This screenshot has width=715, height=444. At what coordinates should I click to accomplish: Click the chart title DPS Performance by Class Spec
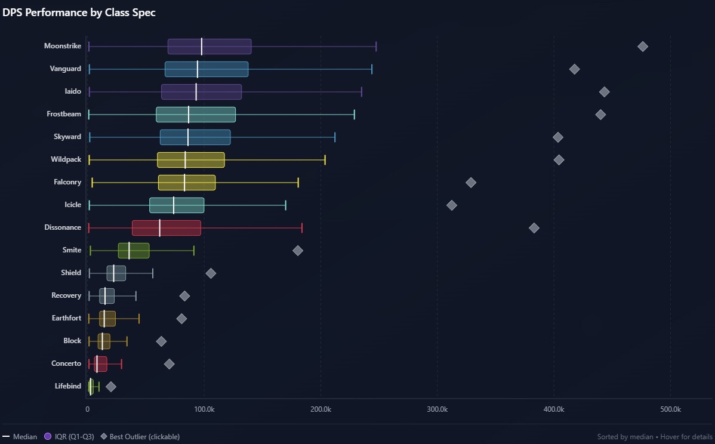(79, 13)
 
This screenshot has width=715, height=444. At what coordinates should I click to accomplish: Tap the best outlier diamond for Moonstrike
(643, 47)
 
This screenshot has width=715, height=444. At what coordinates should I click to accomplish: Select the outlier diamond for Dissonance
(534, 228)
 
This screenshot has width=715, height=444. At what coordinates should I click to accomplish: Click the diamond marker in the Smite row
(298, 251)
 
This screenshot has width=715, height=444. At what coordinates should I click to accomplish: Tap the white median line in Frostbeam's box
(189, 115)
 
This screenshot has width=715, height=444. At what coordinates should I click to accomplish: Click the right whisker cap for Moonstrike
(376, 47)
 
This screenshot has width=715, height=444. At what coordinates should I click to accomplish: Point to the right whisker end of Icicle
(286, 205)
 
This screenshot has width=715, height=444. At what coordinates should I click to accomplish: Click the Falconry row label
(67, 182)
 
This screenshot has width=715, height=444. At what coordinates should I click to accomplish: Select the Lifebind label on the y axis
(67, 386)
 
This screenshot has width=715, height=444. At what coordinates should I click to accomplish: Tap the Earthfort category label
(66, 318)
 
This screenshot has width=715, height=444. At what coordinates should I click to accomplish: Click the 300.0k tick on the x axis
(437, 409)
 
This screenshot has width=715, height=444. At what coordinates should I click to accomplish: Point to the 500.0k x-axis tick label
(670, 409)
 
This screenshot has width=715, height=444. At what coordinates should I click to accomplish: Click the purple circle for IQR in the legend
(48, 436)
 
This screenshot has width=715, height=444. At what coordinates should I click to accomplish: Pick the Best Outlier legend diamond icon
(104, 436)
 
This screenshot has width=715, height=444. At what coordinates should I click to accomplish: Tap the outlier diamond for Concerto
(169, 364)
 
